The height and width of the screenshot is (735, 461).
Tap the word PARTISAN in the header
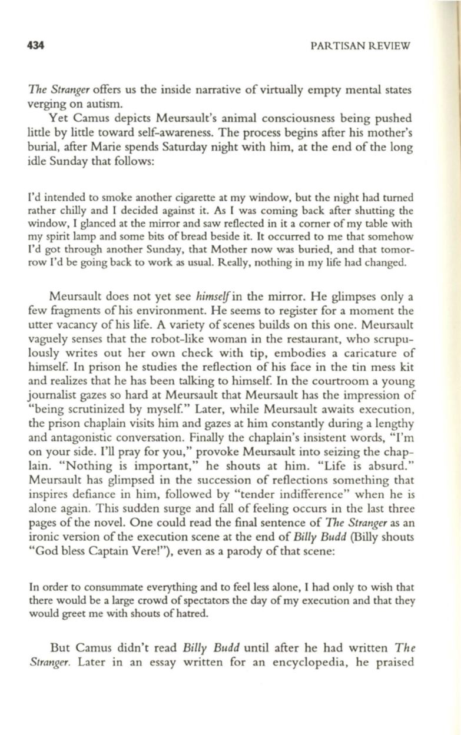pos(339,45)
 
